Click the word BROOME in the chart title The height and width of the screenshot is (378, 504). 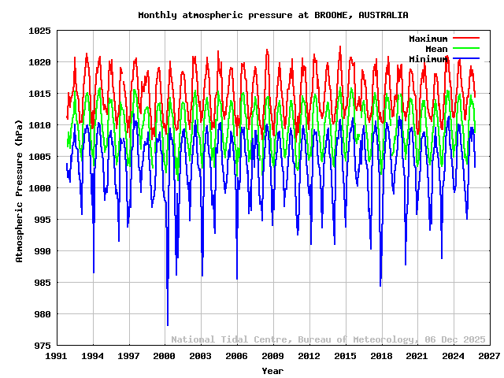337,15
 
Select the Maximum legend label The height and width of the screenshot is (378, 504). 428,39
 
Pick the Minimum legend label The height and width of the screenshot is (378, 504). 428,59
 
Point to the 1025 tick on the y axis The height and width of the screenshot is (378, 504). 39,31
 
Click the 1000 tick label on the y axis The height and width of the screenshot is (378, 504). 39,188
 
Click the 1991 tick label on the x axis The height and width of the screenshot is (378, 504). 57,357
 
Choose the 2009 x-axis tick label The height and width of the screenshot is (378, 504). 273,357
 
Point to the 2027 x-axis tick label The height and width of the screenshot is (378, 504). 490,357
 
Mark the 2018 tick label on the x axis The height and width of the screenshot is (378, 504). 381,357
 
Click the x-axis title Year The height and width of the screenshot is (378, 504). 272,370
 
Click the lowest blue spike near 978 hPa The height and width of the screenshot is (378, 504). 168,324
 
